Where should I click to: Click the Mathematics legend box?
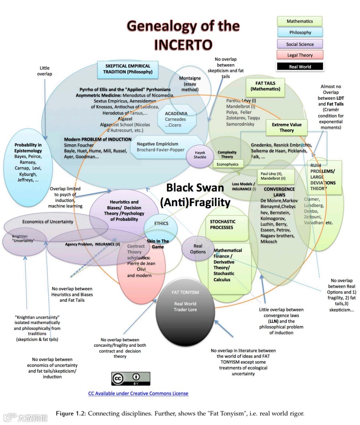pos(299,21)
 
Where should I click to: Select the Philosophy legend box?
pos(299,33)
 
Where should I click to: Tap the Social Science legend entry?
pos(299,44)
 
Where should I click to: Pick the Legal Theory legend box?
pos(299,55)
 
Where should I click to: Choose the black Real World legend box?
pos(299,66)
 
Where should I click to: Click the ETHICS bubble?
pos(161,223)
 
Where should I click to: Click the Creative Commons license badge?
pos(131,379)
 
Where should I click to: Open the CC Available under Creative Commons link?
pos(138,393)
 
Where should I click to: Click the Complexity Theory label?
pos(227,154)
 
